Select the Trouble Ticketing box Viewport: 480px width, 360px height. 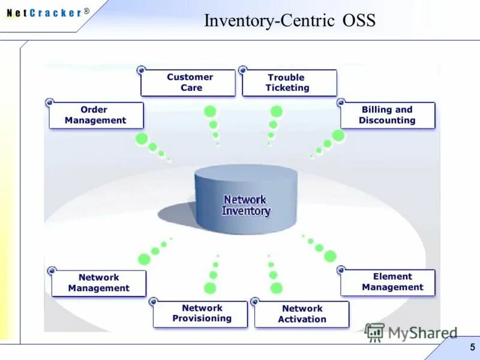(x=289, y=83)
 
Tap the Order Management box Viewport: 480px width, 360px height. (x=96, y=115)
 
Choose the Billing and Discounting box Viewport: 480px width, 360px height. (x=388, y=115)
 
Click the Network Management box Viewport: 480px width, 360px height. (x=98, y=283)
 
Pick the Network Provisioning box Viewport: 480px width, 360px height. (x=200, y=314)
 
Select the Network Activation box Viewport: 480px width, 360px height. (x=301, y=314)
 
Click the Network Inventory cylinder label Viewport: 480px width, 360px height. (x=246, y=205)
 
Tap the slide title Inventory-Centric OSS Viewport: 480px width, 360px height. (x=289, y=21)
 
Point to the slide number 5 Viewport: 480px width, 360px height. (x=472, y=347)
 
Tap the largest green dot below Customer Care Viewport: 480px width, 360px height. (x=210, y=111)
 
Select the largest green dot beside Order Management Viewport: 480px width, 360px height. (x=142, y=139)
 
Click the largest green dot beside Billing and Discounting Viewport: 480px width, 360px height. (x=338, y=136)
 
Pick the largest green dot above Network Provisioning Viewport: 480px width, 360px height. (x=210, y=288)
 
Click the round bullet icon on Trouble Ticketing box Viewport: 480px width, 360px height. (x=243, y=70)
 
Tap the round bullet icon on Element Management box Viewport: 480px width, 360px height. (x=341, y=270)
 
